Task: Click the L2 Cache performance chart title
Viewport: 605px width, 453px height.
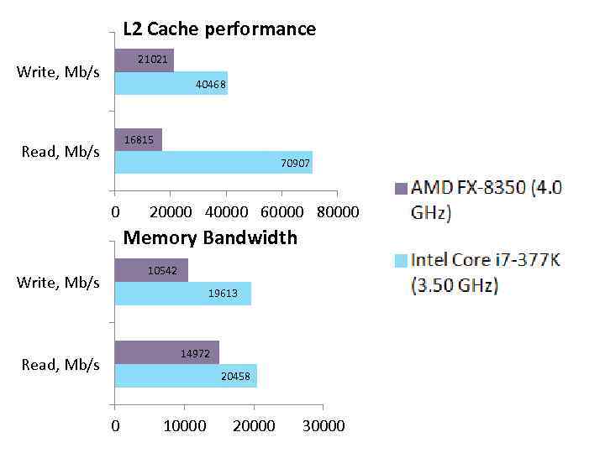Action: (x=219, y=29)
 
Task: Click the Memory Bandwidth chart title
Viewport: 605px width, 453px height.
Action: (x=210, y=238)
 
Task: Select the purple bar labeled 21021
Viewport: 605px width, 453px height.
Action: (x=144, y=60)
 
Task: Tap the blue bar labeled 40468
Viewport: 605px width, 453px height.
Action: (x=171, y=84)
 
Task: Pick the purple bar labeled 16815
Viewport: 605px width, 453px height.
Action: (x=138, y=139)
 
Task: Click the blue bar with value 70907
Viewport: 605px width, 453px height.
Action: (x=213, y=163)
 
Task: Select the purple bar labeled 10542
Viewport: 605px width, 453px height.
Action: (x=151, y=270)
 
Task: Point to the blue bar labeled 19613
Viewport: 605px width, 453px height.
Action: (x=182, y=294)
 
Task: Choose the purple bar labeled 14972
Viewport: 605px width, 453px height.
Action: (x=166, y=352)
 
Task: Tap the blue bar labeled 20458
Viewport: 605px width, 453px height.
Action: (x=185, y=376)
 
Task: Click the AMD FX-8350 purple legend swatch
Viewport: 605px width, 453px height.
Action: (x=401, y=189)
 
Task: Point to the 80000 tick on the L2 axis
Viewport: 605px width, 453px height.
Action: (x=338, y=212)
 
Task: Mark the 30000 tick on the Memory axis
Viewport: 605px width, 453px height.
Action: (x=324, y=425)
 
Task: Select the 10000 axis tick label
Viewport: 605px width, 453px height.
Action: (x=184, y=425)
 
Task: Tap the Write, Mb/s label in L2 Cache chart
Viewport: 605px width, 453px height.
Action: (x=58, y=72)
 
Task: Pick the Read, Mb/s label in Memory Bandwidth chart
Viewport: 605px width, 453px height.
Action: (x=60, y=364)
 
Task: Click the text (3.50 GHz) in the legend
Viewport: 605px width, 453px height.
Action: (x=455, y=286)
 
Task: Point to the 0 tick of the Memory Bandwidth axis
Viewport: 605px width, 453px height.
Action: (x=115, y=425)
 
